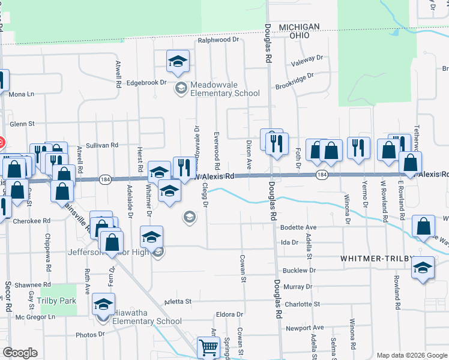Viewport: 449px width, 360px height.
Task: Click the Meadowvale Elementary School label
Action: click(x=224, y=89)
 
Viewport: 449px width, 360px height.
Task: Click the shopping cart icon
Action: click(x=208, y=347)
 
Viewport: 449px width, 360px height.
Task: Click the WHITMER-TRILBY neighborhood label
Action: click(x=377, y=258)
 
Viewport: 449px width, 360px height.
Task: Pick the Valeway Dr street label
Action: click(x=307, y=59)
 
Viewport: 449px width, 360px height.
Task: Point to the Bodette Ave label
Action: click(x=298, y=228)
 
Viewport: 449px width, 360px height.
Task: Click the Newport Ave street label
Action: click(x=304, y=328)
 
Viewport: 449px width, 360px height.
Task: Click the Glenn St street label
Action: click(x=23, y=124)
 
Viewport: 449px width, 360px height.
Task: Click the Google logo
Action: click(x=20, y=353)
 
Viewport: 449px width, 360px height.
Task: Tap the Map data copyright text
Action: click(x=411, y=355)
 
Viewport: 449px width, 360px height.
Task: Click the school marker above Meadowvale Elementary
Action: click(x=177, y=62)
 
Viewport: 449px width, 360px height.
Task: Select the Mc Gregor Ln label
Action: click(x=35, y=316)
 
